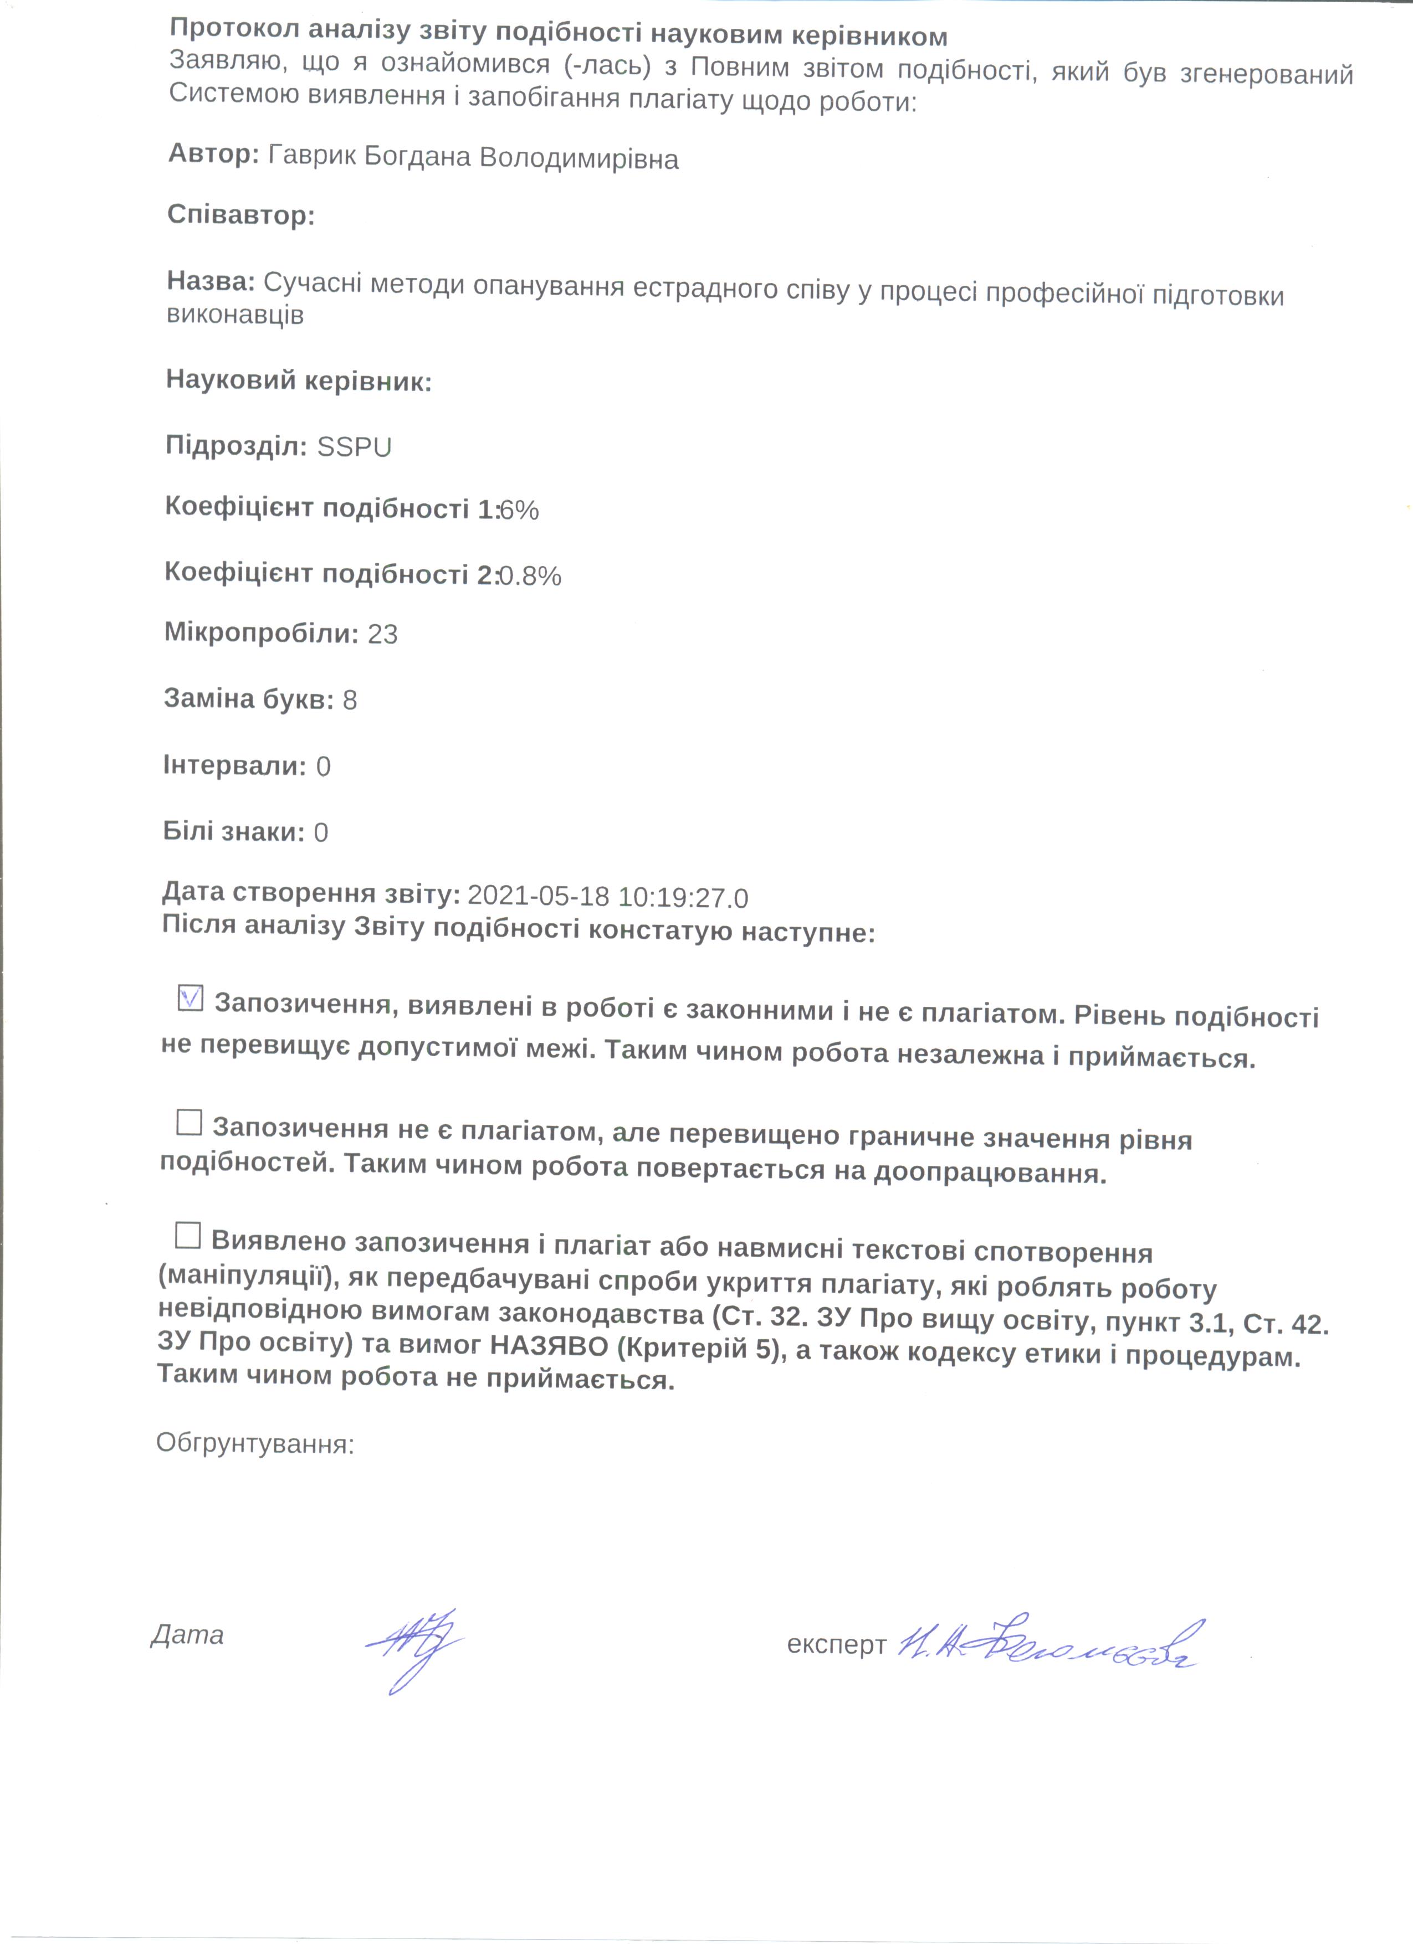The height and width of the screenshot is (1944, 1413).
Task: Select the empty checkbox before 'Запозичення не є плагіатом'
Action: tap(188, 1122)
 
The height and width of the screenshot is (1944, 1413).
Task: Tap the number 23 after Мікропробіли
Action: tap(382, 634)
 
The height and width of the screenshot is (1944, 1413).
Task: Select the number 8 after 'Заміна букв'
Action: tap(350, 700)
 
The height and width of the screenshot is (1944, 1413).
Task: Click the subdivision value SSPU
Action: tap(354, 448)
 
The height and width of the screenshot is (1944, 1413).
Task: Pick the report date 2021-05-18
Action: tap(539, 896)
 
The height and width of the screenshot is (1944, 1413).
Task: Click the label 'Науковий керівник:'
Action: tap(298, 380)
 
